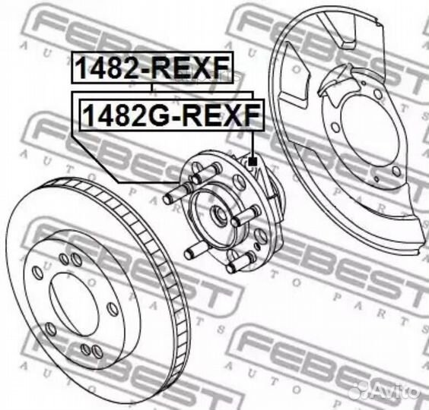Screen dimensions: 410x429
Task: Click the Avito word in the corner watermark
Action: coord(396,390)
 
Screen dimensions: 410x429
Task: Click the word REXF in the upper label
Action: coord(194,68)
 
